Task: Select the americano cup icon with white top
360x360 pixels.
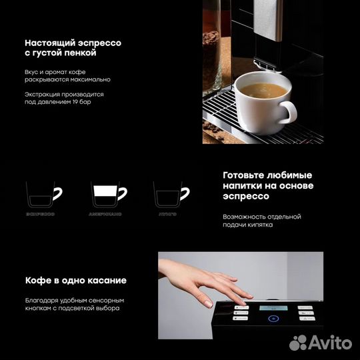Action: pos(107,195)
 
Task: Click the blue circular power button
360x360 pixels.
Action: pos(272,319)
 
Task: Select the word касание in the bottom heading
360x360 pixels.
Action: pos(101,280)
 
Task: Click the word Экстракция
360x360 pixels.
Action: pos(46,94)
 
